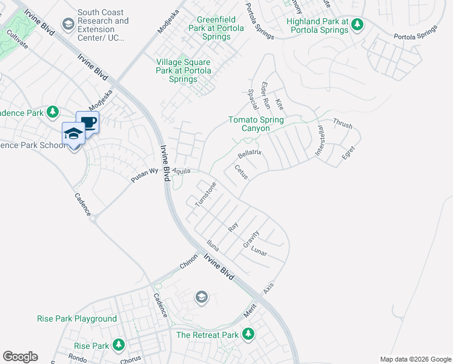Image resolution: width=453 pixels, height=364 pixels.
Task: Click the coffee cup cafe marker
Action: [87, 122]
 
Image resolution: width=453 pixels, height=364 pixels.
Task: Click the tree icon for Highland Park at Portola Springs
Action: [358, 24]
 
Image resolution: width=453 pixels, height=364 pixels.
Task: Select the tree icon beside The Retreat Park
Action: [248, 333]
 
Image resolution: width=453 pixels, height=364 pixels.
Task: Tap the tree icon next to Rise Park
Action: [119, 345]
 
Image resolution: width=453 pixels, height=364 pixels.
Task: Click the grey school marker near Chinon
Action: [202, 297]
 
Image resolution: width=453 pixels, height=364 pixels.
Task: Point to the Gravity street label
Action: [251, 237]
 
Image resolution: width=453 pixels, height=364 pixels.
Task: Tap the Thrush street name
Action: [342, 123]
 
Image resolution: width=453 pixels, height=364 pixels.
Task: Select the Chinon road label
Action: [189, 266]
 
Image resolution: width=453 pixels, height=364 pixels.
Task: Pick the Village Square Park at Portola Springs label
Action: [184, 70]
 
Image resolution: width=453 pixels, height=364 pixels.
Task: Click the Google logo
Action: [20, 357]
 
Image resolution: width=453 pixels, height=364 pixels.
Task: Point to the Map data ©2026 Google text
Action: [415, 359]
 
